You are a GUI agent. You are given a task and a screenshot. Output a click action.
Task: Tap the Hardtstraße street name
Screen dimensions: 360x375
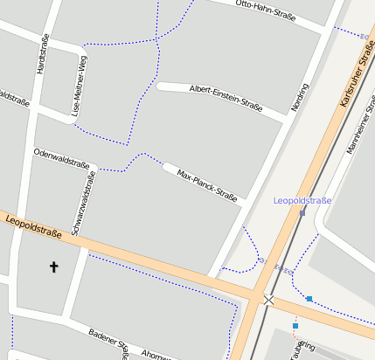40,53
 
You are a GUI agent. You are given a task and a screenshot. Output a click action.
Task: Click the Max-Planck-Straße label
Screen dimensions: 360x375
207,184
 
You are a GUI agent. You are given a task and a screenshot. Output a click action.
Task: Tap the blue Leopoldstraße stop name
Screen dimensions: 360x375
302,200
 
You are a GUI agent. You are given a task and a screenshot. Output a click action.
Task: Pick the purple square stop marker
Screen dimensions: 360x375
302,212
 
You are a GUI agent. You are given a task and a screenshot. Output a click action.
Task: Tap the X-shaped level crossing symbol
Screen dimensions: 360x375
267,300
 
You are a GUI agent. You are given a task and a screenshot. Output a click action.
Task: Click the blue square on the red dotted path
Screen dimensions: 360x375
295,325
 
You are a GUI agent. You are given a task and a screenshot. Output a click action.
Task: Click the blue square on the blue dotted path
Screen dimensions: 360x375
309,299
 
